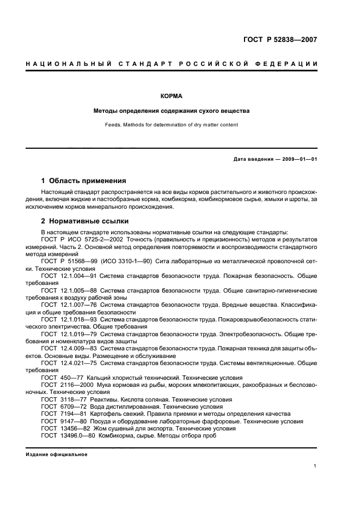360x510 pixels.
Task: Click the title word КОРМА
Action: [x=171, y=96]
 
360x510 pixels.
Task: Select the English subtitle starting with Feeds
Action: [x=171, y=125]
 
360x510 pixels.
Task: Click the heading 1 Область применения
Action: [x=84, y=180]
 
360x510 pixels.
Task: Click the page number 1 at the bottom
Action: [x=315, y=465]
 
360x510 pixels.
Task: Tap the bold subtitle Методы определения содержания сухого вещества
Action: [x=171, y=111]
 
